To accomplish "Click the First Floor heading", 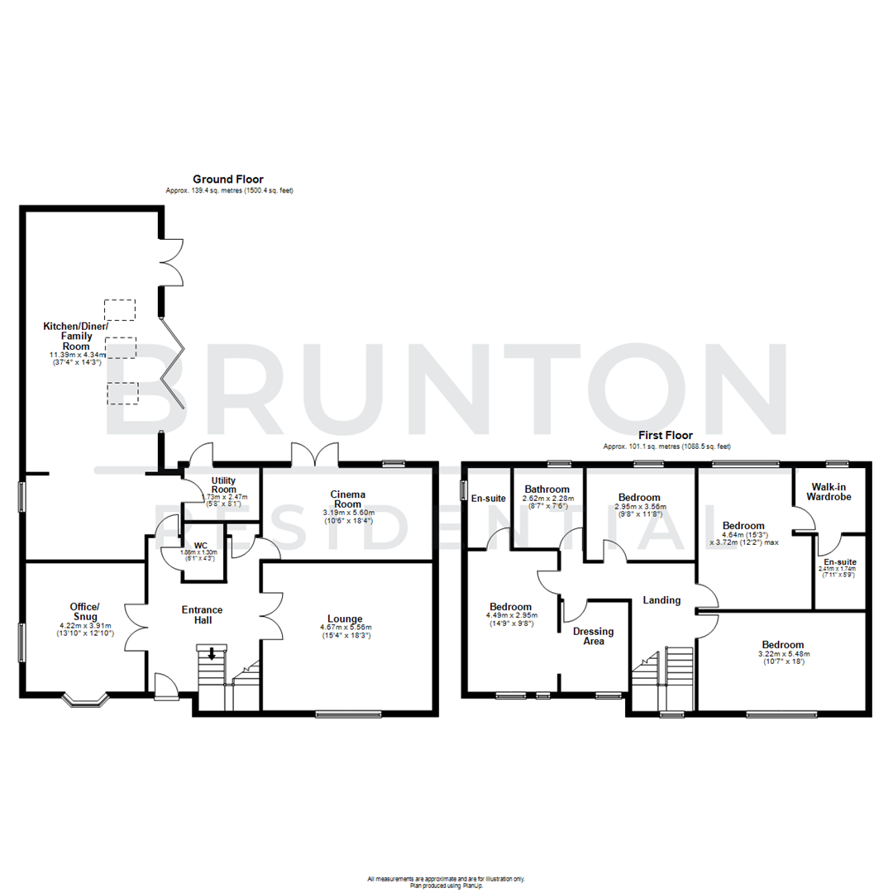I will coord(665,435).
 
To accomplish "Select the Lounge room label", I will coord(345,618).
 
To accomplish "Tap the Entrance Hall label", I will coord(203,616).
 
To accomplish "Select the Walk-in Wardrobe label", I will coord(829,491).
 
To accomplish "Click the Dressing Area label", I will coord(594,636).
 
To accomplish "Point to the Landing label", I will coord(661,600).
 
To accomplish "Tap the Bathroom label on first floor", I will coord(547,489).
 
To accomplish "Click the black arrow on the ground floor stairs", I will coord(212,654).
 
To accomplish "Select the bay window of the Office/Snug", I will coord(85,701).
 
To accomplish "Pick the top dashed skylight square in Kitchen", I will coord(120,309).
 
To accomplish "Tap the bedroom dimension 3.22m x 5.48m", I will coord(783,657).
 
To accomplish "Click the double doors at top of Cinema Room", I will coord(315,455).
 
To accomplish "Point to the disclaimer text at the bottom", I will coord(446,881).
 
